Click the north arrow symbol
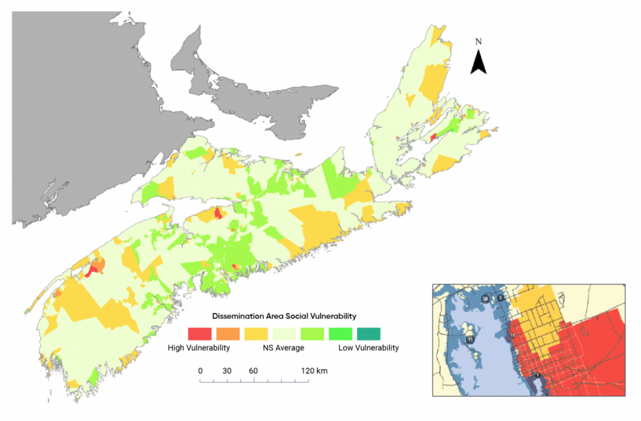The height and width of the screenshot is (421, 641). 479,62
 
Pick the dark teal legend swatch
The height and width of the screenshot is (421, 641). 368,333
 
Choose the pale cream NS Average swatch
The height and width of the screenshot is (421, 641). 284,333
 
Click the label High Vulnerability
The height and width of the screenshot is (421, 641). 198,348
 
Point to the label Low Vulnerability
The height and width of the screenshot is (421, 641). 368,348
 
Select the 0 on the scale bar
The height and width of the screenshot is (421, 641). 200,371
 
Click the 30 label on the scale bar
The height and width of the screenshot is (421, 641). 227,371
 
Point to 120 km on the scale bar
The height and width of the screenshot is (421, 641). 314,371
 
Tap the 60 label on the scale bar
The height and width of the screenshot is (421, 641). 254,371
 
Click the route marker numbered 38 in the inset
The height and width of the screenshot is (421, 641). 486,300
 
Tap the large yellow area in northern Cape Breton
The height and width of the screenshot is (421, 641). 434,81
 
